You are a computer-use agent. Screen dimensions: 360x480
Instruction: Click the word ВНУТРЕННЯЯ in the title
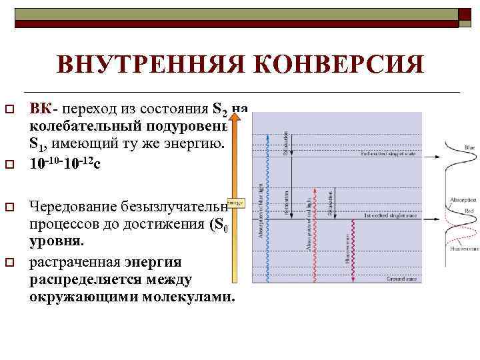click(151, 64)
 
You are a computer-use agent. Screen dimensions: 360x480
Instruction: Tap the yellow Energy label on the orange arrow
click(235, 202)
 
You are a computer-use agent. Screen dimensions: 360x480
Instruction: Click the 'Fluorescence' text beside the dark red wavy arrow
click(348, 248)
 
